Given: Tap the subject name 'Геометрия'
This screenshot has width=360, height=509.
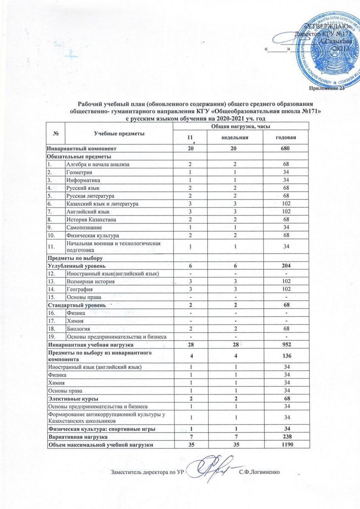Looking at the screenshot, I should tap(79, 173).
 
